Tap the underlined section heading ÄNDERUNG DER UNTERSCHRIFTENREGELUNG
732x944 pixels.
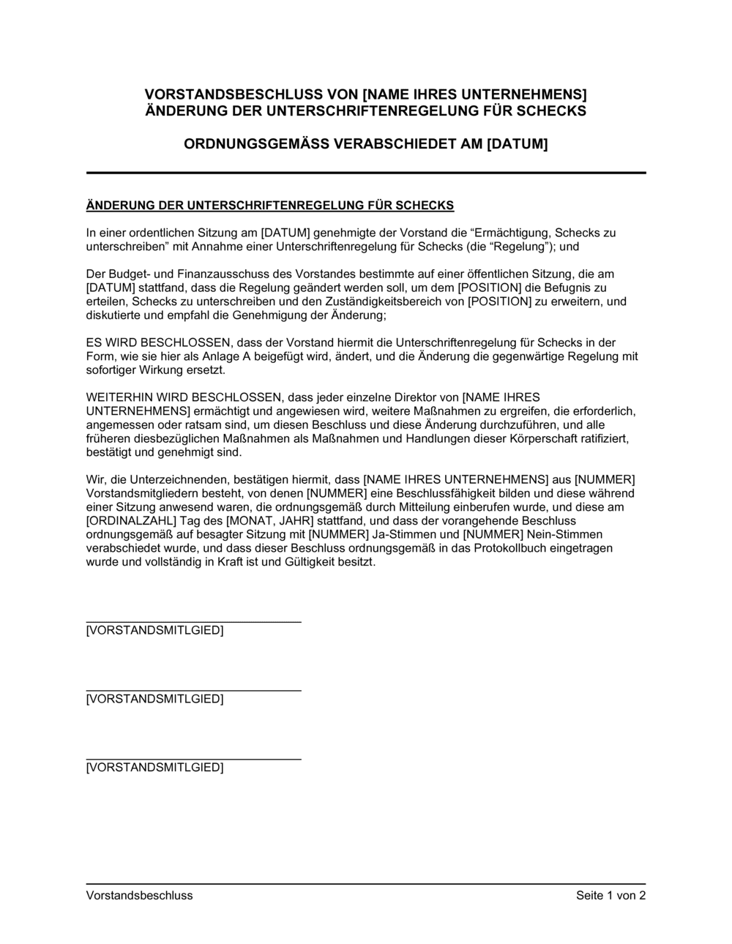click(x=270, y=205)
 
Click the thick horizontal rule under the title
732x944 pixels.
click(x=366, y=173)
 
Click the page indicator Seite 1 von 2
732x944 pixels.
click(x=610, y=896)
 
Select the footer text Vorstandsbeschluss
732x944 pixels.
click(x=139, y=896)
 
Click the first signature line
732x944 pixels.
click(x=193, y=622)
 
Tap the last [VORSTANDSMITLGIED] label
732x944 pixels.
click(x=154, y=768)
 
